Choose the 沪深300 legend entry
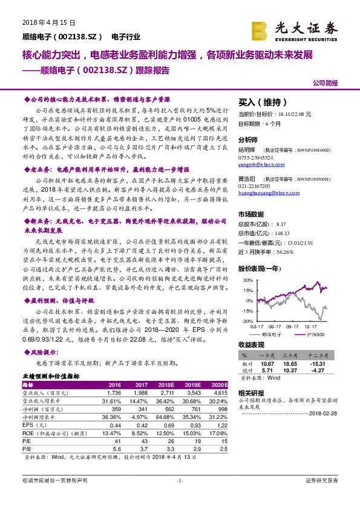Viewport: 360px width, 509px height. pos(316,334)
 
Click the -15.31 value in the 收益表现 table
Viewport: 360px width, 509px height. pos(318,364)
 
